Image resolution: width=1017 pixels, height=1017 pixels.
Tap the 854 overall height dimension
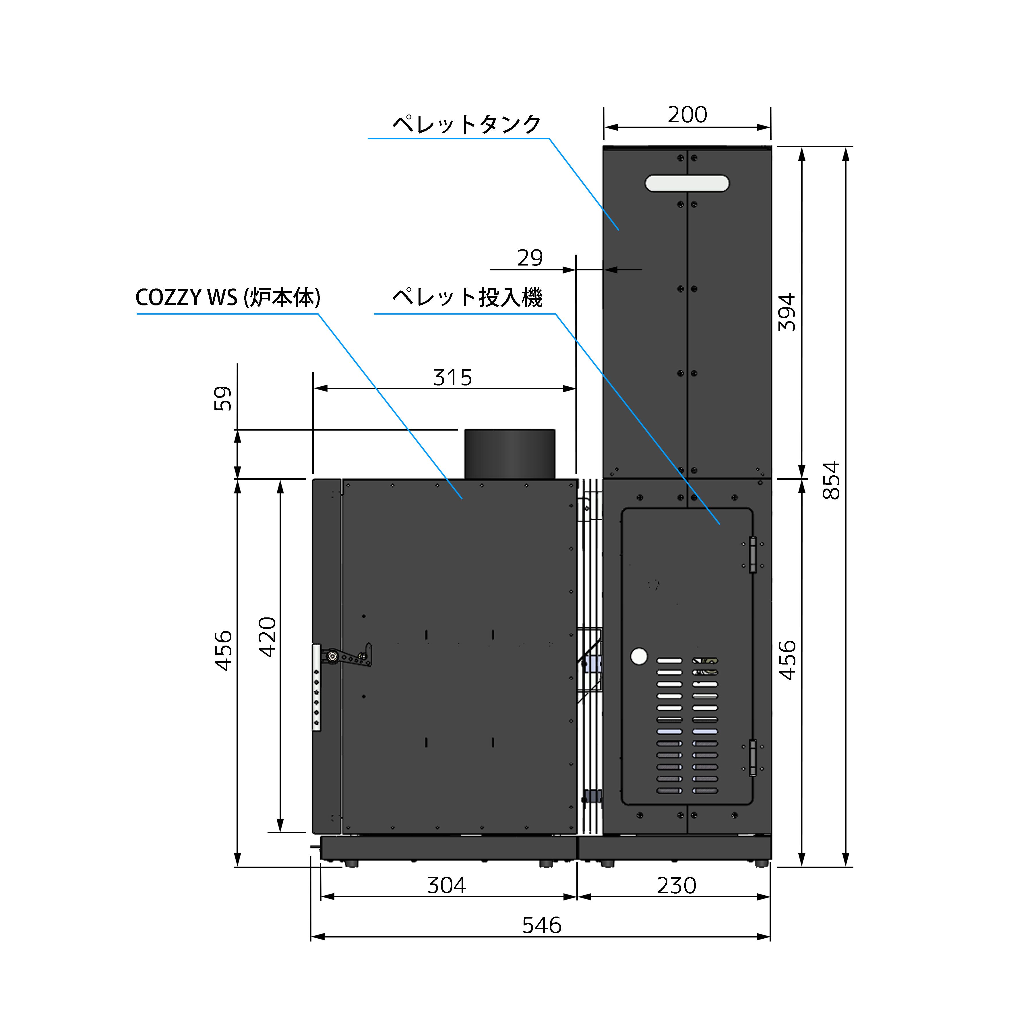(x=831, y=480)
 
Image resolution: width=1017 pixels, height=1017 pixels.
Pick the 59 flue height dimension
(x=223, y=398)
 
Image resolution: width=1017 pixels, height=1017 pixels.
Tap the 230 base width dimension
(x=676, y=886)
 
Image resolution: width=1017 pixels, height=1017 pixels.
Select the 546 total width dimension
(x=542, y=925)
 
